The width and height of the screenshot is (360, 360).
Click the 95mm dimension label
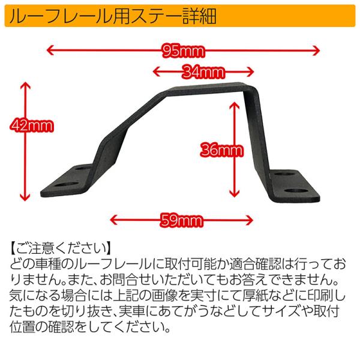(183, 51)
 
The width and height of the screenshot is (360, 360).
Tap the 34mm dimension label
(203, 72)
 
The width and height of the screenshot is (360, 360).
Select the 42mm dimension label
(32, 125)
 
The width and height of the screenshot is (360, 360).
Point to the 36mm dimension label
(221, 151)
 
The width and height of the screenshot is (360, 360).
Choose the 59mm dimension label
(182, 221)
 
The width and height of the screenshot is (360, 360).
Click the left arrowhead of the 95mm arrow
(50, 50)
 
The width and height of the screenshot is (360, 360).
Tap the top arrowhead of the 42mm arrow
(25, 86)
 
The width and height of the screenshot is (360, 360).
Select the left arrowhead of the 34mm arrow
(157, 71)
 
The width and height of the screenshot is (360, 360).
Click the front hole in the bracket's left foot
(66, 184)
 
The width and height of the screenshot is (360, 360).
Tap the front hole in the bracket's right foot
(297, 191)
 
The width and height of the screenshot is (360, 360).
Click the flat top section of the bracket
(206, 89)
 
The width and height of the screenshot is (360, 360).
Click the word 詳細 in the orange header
(199, 16)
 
